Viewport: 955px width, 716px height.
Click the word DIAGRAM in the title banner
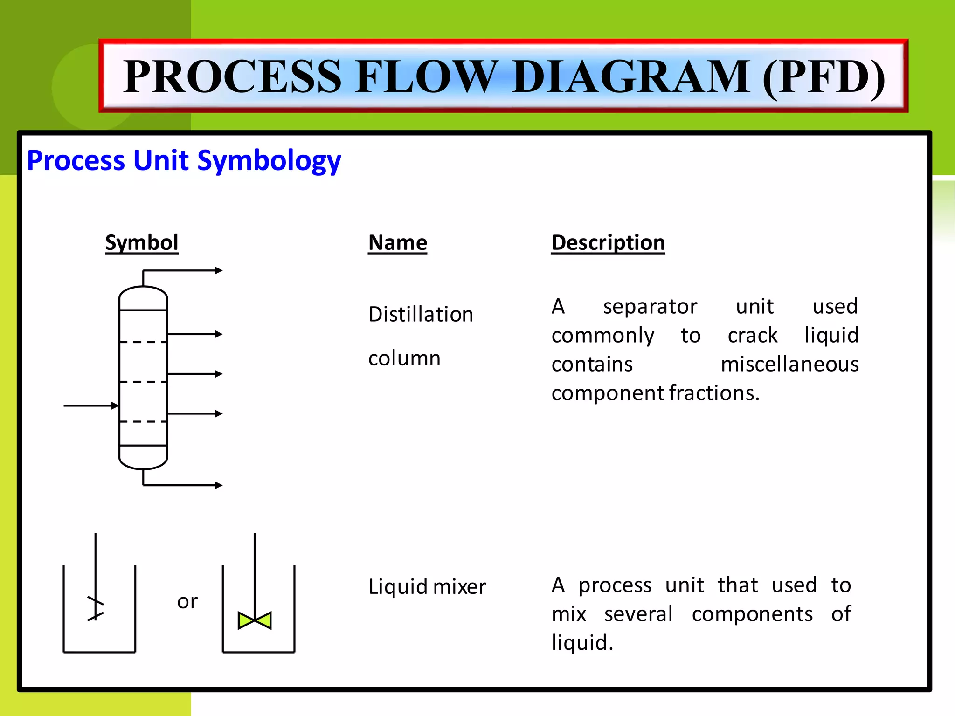click(x=632, y=77)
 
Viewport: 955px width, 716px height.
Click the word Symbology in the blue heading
click(x=269, y=161)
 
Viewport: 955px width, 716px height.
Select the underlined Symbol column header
click(x=142, y=243)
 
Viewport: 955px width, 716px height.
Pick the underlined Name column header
click(x=397, y=243)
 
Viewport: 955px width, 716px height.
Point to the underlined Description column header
click(x=608, y=243)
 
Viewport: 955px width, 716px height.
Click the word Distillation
click(x=421, y=314)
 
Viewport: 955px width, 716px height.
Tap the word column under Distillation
click(x=404, y=358)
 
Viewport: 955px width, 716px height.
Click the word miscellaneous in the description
click(x=789, y=364)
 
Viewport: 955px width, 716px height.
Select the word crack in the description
click(x=753, y=336)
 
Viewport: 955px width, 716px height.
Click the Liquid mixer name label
click(x=427, y=586)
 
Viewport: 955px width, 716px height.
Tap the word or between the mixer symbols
click(x=187, y=601)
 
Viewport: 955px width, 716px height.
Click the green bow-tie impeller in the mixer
click(x=255, y=620)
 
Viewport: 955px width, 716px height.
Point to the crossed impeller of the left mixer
click(x=96, y=609)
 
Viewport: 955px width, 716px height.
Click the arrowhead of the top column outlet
click(x=218, y=270)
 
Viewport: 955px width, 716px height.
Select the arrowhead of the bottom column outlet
click(x=218, y=485)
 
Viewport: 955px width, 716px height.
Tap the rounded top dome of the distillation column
click(x=143, y=297)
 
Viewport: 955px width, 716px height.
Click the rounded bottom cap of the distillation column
click(x=143, y=458)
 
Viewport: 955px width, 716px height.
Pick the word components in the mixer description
click(x=752, y=614)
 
